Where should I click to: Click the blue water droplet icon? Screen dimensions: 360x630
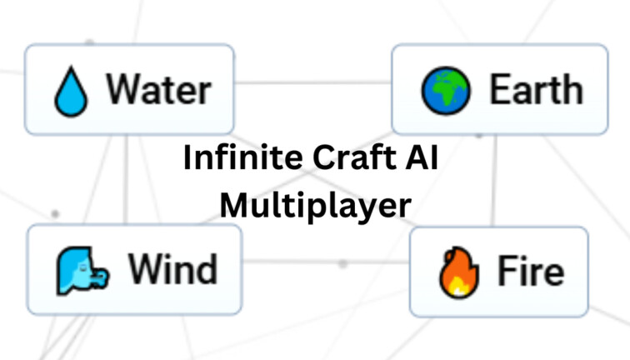point(70,90)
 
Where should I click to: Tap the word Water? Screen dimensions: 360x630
point(157,89)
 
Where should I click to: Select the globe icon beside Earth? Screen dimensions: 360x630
point(446,90)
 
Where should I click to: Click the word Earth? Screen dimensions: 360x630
point(535,89)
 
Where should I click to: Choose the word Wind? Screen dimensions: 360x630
point(172,269)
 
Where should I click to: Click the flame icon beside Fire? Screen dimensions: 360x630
point(454,272)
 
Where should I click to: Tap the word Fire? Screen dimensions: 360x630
point(531,271)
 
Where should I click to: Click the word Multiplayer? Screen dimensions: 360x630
point(315,204)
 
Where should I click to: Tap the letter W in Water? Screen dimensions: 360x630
point(121,89)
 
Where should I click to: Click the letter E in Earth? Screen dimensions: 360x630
point(499,89)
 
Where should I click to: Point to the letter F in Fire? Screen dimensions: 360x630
point(507,271)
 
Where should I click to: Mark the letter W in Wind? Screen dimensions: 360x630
point(142,269)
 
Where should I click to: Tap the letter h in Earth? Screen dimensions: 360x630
point(571,89)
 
